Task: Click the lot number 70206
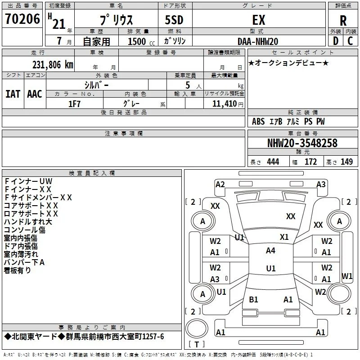[x=22, y=19]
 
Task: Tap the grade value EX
[x=259, y=20]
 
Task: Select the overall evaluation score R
[x=343, y=21]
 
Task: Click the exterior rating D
[x=336, y=41]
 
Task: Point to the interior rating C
[x=350, y=41]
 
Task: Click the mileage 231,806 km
[x=53, y=65]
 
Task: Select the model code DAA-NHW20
[x=258, y=41]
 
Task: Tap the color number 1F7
[x=74, y=104]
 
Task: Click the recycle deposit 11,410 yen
[x=228, y=104]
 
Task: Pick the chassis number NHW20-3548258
[x=302, y=143]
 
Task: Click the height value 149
[x=346, y=162]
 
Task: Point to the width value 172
[x=310, y=162]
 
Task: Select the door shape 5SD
[x=174, y=20]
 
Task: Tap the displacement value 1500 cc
[x=141, y=41]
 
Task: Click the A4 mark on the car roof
[x=271, y=251]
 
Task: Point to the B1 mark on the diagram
[x=253, y=300]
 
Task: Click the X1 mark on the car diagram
[x=284, y=237]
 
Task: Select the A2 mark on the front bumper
[x=220, y=184]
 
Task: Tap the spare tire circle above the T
[x=197, y=328]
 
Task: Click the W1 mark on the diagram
[x=346, y=276]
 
